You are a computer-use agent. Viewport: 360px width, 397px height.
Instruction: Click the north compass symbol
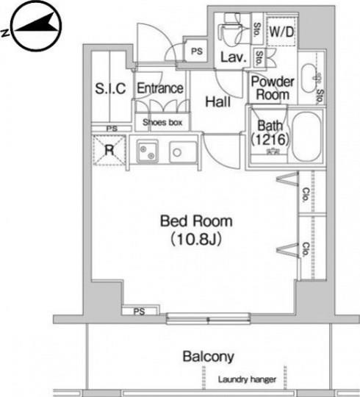[x=37, y=26]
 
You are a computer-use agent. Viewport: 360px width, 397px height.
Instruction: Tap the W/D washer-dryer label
[x=281, y=32]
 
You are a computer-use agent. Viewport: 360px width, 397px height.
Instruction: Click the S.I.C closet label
[x=110, y=88]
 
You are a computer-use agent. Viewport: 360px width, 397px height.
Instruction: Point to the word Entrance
[x=160, y=88]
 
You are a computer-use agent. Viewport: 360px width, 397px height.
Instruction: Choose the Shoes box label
[x=162, y=123]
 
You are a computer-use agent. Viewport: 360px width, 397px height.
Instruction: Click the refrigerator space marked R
[x=109, y=151]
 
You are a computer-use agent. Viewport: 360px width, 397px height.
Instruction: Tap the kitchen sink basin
[x=183, y=152]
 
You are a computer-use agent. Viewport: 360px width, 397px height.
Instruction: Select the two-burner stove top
[x=148, y=151]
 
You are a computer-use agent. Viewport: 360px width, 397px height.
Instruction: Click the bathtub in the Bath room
[x=306, y=137]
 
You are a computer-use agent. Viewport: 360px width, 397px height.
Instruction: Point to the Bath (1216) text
[x=270, y=132]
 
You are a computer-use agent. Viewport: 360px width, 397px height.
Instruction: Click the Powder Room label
[x=273, y=88]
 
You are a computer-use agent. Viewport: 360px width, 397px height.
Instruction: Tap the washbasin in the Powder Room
[x=309, y=78]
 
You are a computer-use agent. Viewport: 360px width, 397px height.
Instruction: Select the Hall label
[x=218, y=101]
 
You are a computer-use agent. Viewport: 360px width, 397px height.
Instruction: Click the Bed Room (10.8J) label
[x=196, y=230]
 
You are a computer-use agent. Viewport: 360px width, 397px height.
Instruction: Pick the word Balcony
[x=208, y=357]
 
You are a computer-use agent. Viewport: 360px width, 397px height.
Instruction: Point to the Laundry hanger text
[x=247, y=379]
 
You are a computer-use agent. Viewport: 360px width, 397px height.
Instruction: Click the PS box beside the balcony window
[x=140, y=311]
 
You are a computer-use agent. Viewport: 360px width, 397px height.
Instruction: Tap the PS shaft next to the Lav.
[x=197, y=51]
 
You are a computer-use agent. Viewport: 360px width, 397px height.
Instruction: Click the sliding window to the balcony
[x=208, y=318]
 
